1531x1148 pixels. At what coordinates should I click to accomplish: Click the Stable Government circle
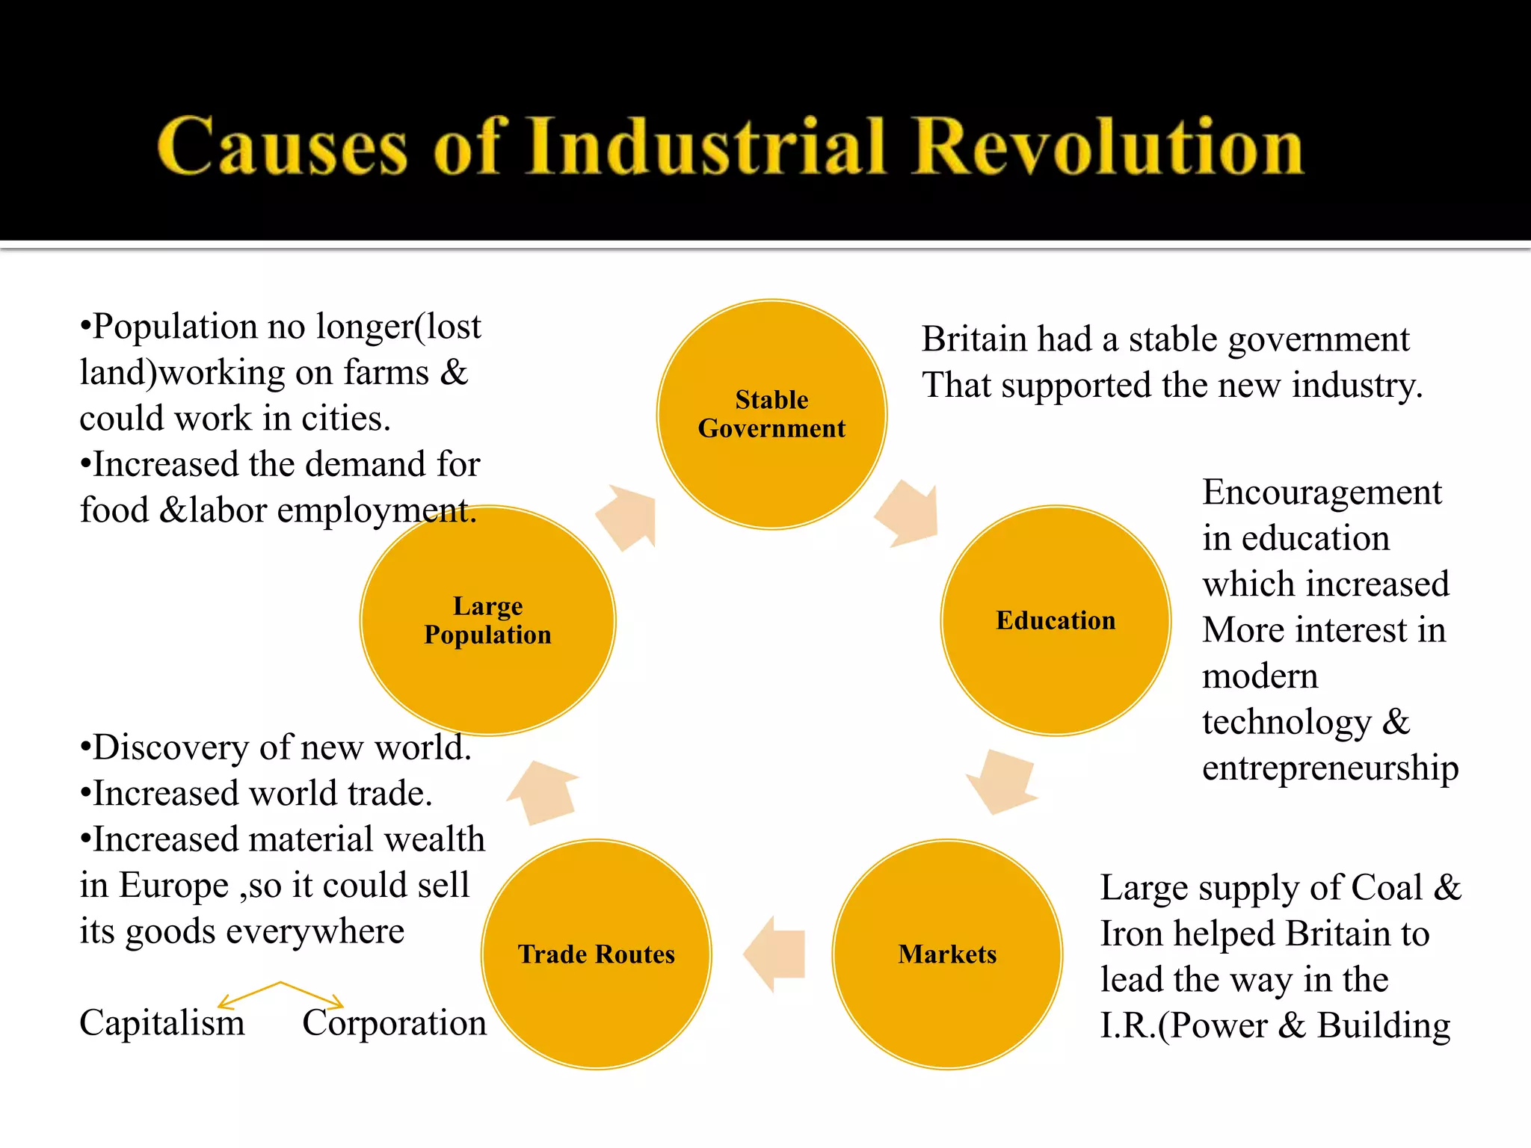coord(771,415)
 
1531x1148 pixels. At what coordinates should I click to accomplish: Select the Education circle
coord(1056,620)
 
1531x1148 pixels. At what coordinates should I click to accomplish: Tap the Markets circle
coord(947,954)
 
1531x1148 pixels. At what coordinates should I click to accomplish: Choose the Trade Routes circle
coord(597,954)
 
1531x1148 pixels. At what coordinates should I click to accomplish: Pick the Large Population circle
coord(487,620)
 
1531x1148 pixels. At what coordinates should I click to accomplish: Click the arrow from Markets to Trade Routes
coord(774,954)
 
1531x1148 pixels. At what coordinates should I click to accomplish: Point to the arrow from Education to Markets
coord(1002,782)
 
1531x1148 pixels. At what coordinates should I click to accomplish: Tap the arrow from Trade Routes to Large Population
coord(544,791)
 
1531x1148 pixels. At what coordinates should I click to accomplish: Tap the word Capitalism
coord(162,1022)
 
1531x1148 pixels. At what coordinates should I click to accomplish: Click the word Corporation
coord(394,1022)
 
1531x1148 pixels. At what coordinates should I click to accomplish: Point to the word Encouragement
coord(1322,493)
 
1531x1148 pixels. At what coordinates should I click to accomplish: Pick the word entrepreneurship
coord(1330,768)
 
